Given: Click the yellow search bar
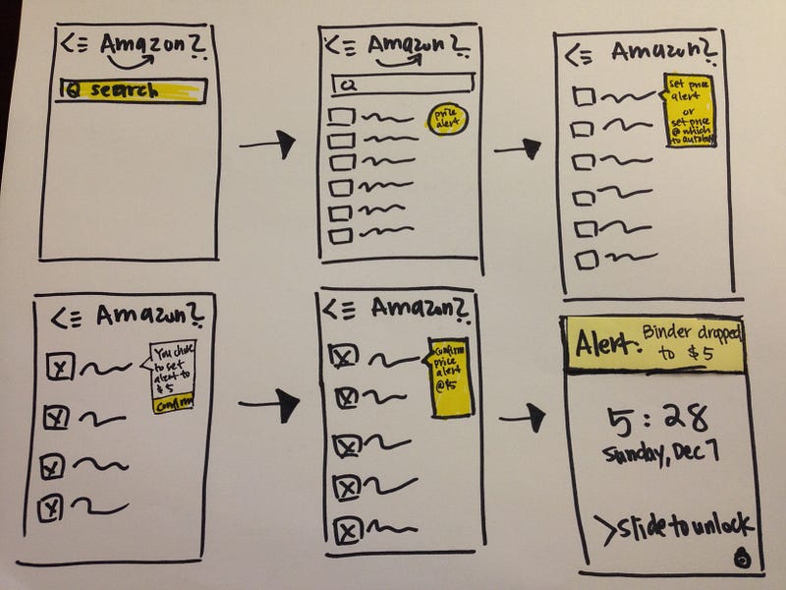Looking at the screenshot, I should point(132,90).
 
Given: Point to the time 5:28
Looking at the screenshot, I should point(658,420).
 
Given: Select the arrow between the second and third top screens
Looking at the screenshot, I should point(519,148).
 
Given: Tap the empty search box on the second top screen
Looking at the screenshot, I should point(398,84).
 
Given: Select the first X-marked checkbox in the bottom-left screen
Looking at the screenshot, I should point(58,368).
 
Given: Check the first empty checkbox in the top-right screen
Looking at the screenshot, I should point(585,96).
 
